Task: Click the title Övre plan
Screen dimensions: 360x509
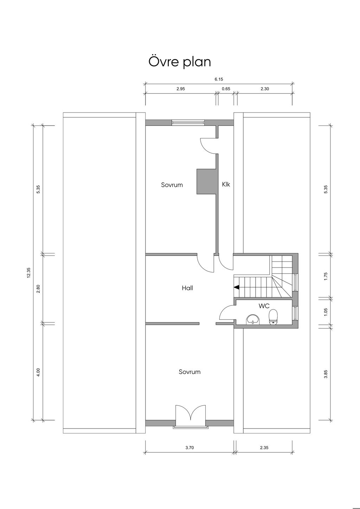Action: pos(180,62)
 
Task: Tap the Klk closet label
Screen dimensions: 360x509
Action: pos(226,184)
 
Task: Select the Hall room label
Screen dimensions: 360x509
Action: pos(187,288)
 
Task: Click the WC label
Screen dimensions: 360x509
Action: pos(264,306)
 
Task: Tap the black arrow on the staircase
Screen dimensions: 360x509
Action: pos(236,288)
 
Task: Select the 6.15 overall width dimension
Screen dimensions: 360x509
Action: pos(219,79)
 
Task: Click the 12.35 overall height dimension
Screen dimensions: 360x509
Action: pos(28,273)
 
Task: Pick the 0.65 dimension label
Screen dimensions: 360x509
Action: pos(226,89)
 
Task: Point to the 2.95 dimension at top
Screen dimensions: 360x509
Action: pos(181,89)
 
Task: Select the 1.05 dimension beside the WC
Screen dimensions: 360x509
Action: pos(326,312)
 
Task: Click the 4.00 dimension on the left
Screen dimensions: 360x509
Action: pos(38,372)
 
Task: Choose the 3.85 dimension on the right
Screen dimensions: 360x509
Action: pos(326,374)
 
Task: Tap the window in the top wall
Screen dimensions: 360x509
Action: pos(188,122)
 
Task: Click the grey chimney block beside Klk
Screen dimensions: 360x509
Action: pos(206,181)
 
